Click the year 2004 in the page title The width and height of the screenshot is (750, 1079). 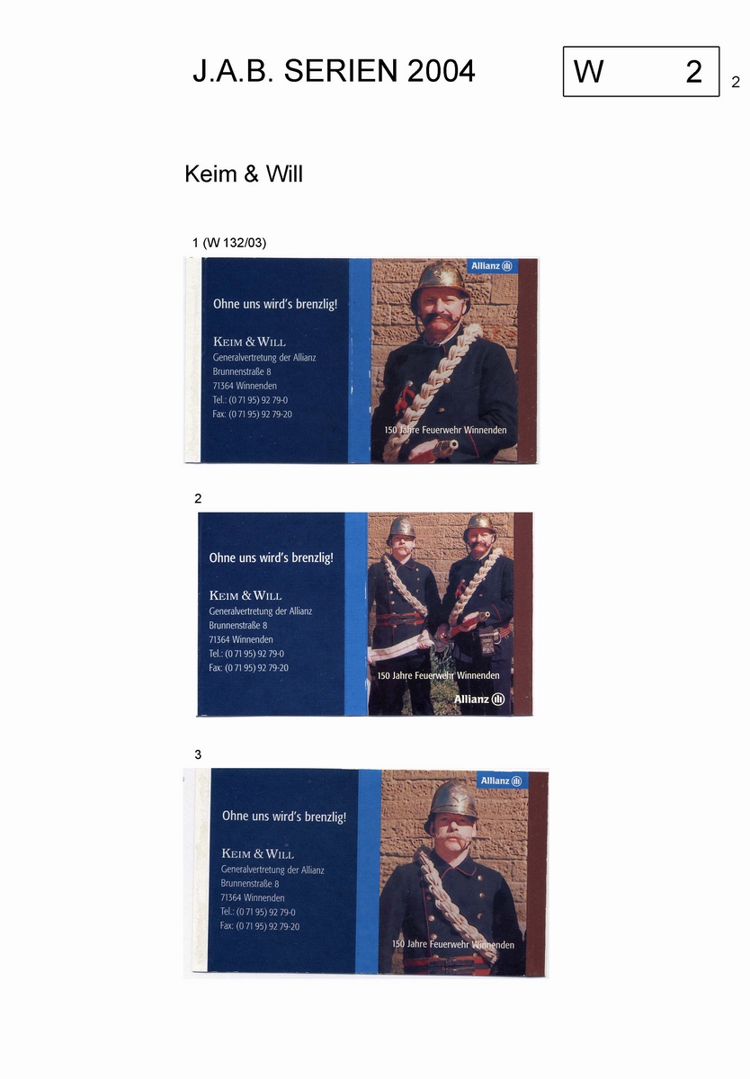click(441, 71)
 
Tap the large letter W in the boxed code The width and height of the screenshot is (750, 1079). click(588, 72)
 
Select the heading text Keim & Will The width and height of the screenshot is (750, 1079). click(244, 174)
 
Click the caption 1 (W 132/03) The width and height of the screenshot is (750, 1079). click(229, 242)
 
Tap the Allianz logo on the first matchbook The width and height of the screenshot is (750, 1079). click(491, 266)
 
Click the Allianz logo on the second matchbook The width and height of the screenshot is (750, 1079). click(479, 699)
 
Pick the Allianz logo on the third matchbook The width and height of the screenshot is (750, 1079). click(502, 780)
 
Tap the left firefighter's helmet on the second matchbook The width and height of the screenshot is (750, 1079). click(401, 527)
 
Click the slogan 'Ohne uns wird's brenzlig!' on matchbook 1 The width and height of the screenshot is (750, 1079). click(275, 304)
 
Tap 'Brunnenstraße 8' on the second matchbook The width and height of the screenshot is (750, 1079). click(238, 625)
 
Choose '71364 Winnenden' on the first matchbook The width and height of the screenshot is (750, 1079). click(245, 386)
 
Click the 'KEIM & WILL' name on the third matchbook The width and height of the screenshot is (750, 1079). click(258, 854)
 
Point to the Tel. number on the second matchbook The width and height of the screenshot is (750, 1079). click(246, 654)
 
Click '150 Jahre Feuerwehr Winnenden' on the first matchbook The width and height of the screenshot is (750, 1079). click(445, 430)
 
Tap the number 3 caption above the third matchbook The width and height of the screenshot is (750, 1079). click(198, 754)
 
